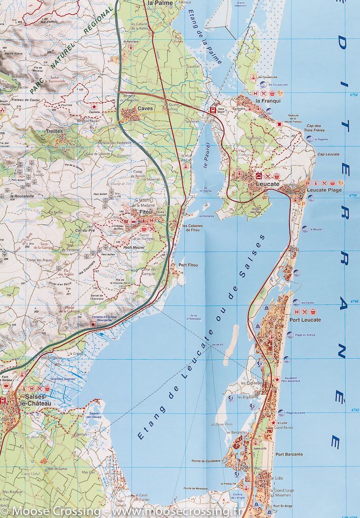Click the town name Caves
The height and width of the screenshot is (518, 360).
click(x=146, y=108)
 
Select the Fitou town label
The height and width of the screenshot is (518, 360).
click(x=146, y=212)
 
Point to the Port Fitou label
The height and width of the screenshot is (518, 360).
click(x=188, y=265)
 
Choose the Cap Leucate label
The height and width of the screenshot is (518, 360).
click(x=328, y=154)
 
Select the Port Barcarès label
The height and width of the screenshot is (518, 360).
click(x=289, y=454)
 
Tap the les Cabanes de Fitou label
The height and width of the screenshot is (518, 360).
click(x=191, y=228)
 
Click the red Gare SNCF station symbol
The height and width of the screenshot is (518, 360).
click(x=213, y=111)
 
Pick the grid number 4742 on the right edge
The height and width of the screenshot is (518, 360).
click(x=353, y=410)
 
